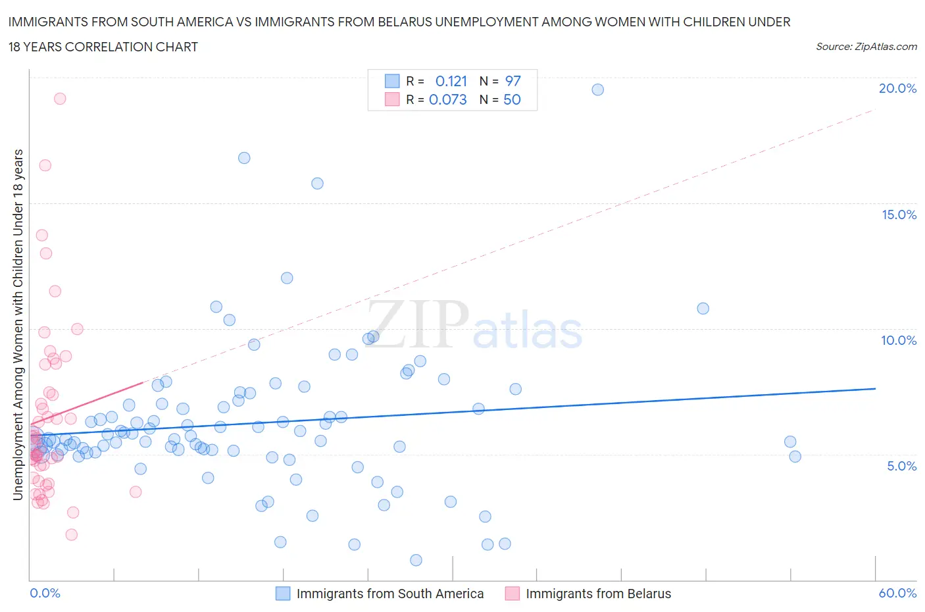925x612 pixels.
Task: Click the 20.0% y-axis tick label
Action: click(897, 88)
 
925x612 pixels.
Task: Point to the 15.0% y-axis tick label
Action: click(899, 215)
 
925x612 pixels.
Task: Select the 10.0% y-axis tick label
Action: click(899, 340)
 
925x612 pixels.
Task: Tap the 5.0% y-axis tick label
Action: click(901, 466)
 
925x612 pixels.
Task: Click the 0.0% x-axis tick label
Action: click(45, 593)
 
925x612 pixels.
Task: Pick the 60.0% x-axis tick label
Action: click(897, 593)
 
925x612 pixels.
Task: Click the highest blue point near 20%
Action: click(597, 89)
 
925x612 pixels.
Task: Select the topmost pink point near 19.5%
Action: click(60, 99)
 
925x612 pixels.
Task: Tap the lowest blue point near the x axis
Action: click(416, 560)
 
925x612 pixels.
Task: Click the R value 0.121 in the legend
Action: click(451, 81)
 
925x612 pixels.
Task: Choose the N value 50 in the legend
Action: click(512, 99)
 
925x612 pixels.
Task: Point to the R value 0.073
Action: click(447, 99)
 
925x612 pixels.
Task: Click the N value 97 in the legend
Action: click(512, 81)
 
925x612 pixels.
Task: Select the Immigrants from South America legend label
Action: click(389, 594)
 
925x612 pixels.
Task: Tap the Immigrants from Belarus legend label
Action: click(598, 594)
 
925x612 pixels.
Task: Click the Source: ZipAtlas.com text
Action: click(866, 46)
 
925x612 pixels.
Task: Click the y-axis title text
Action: click(18, 324)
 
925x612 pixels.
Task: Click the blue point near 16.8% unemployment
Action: click(244, 158)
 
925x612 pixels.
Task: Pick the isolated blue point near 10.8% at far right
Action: click(703, 309)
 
